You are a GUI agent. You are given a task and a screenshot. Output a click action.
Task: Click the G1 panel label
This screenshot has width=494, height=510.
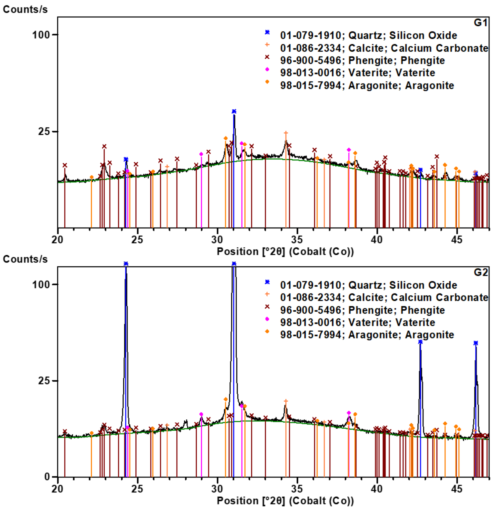pyautogui.click(x=480, y=23)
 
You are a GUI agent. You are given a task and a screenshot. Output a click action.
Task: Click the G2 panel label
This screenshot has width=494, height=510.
pyautogui.click(x=480, y=272)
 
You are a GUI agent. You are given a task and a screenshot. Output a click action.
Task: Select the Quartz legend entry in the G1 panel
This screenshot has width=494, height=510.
pyautogui.click(x=368, y=35)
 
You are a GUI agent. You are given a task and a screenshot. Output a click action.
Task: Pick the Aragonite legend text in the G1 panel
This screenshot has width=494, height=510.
pyautogui.click(x=367, y=85)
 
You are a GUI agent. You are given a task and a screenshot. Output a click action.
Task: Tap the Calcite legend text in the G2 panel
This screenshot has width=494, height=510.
pyautogui.click(x=384, y=297)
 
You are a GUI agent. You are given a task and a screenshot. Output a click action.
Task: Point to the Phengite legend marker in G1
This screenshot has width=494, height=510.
pyautogui.click(x=267, y=57)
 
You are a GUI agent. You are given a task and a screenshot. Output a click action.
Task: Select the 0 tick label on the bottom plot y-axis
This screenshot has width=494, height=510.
pyautogui.click(x=47, y=477)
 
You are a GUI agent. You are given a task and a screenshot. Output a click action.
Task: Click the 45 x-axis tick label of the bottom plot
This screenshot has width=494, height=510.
pyautogui.click(x=457, y=489)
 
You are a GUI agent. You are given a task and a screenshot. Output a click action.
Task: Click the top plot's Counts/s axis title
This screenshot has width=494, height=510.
pyautogui.click(x=25, y=10)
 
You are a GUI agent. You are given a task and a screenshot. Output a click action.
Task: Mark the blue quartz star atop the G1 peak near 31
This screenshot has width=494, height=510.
pyautogui.click(x=234, y=111)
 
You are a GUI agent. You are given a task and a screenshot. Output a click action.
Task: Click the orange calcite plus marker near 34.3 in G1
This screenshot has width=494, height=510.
pyautogui.click(x=286, y=133)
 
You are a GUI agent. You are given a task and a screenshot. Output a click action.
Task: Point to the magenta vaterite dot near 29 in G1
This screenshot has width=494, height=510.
pyautogui.click(x=201, y=154)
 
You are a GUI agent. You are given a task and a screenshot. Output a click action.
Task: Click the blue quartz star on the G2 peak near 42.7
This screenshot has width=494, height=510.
pyautogui.click(x=420, y=342)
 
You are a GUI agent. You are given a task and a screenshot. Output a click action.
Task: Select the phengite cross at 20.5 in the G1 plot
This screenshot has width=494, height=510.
pyautogui.click(x=65, y=165)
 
